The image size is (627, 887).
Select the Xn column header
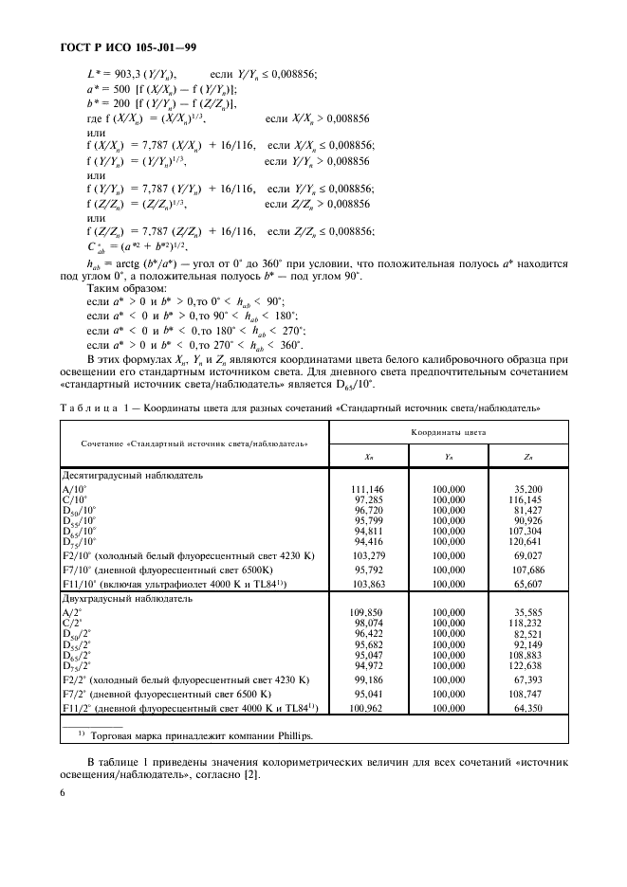pyautogui.click(x=368, y=458)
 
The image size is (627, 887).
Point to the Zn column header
pyautogui.click(x=527, y=458)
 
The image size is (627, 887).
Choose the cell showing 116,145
pyautogui.click(x=527, y=498)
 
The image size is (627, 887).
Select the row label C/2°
pyautogui.click(x=73, y=624)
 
